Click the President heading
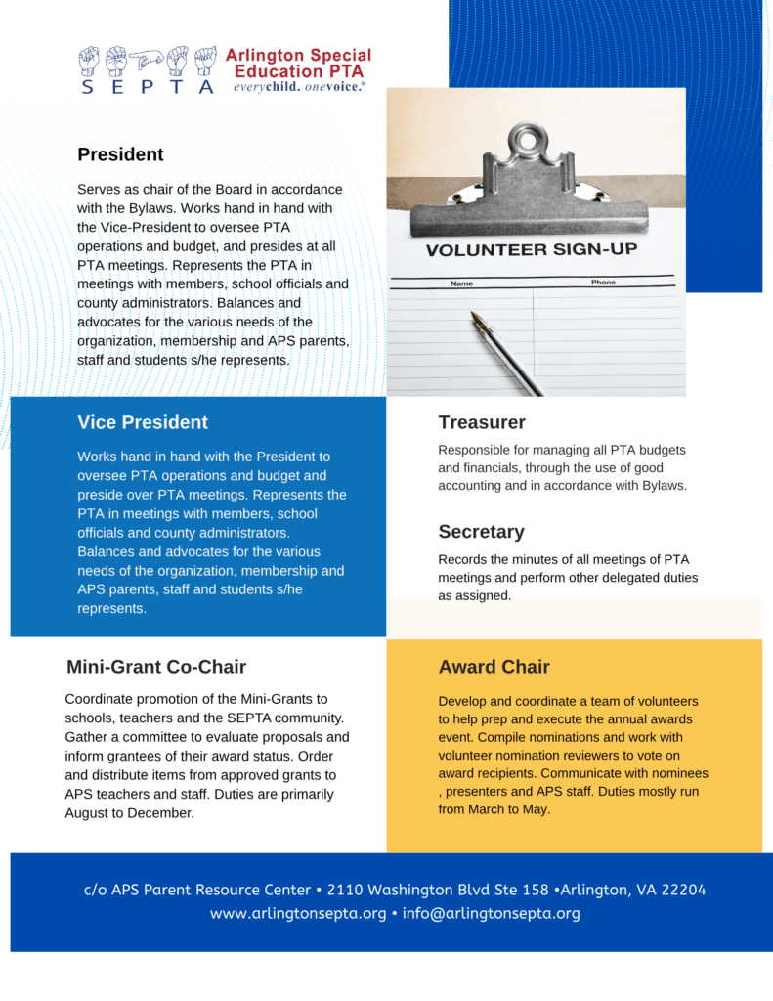tap(120, 154)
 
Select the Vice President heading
tap(143, 422)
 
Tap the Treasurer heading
tap(482, 422)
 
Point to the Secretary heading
tap(481, 532)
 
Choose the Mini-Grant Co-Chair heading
tap(156, 667)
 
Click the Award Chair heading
tap(494, 667)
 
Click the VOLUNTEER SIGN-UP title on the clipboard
tap(531, 250)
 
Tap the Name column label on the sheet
tap(461, 283)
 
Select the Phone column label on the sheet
tap(603, 283)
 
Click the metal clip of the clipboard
tap(528, 186)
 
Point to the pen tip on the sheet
tap(476, 316)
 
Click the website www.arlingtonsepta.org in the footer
tap(298, 913)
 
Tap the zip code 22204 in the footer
tap(683, 890)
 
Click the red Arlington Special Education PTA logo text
tap(298, 63)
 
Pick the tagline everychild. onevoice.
tap(298, 86)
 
